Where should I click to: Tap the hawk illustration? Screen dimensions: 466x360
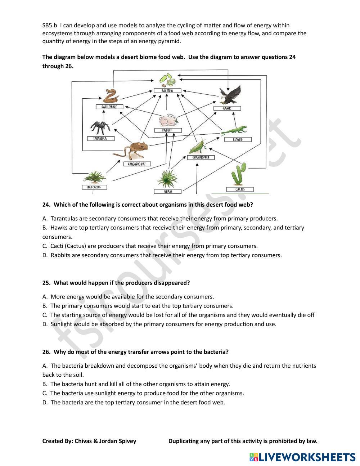(231, 95)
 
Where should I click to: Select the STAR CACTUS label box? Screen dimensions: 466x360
(94, 187)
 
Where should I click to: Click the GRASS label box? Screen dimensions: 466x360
(168, 191)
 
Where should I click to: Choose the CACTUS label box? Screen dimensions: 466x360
(240, 189)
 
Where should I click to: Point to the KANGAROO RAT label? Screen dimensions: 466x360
(137, 164)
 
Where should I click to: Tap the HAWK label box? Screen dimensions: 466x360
(227, 108)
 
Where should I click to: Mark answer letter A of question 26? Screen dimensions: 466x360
(45, 366)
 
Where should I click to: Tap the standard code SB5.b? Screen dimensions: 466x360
(50, 25)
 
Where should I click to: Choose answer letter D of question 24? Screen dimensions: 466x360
(45, 255)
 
